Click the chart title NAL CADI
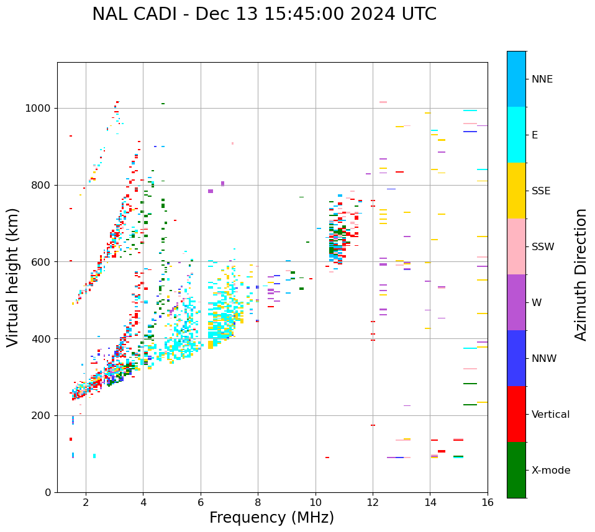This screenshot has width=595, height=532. click(264, 14)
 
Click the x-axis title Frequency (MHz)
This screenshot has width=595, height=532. click(271, 518)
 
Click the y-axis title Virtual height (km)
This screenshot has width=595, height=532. click(13, 277)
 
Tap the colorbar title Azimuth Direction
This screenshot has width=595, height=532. click(581, 274)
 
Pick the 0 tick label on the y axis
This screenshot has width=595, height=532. click(48, 492)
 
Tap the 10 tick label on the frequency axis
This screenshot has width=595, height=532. click(316, 502)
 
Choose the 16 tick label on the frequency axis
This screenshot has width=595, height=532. click(488, 502)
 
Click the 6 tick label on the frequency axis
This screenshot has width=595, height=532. click(201, 502)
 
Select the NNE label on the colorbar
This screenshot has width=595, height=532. click(542, 79)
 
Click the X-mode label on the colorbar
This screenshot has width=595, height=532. click(550, 471)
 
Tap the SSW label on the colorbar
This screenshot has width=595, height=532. click(543, 247)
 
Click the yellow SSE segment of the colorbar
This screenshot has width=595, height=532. click(516, 191)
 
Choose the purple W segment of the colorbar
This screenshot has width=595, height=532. click(516, 302)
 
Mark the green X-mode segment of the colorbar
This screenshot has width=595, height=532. click(516, 470)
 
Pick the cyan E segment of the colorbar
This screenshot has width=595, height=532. click(516, 135)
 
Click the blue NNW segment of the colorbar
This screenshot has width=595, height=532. click(516, 358)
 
